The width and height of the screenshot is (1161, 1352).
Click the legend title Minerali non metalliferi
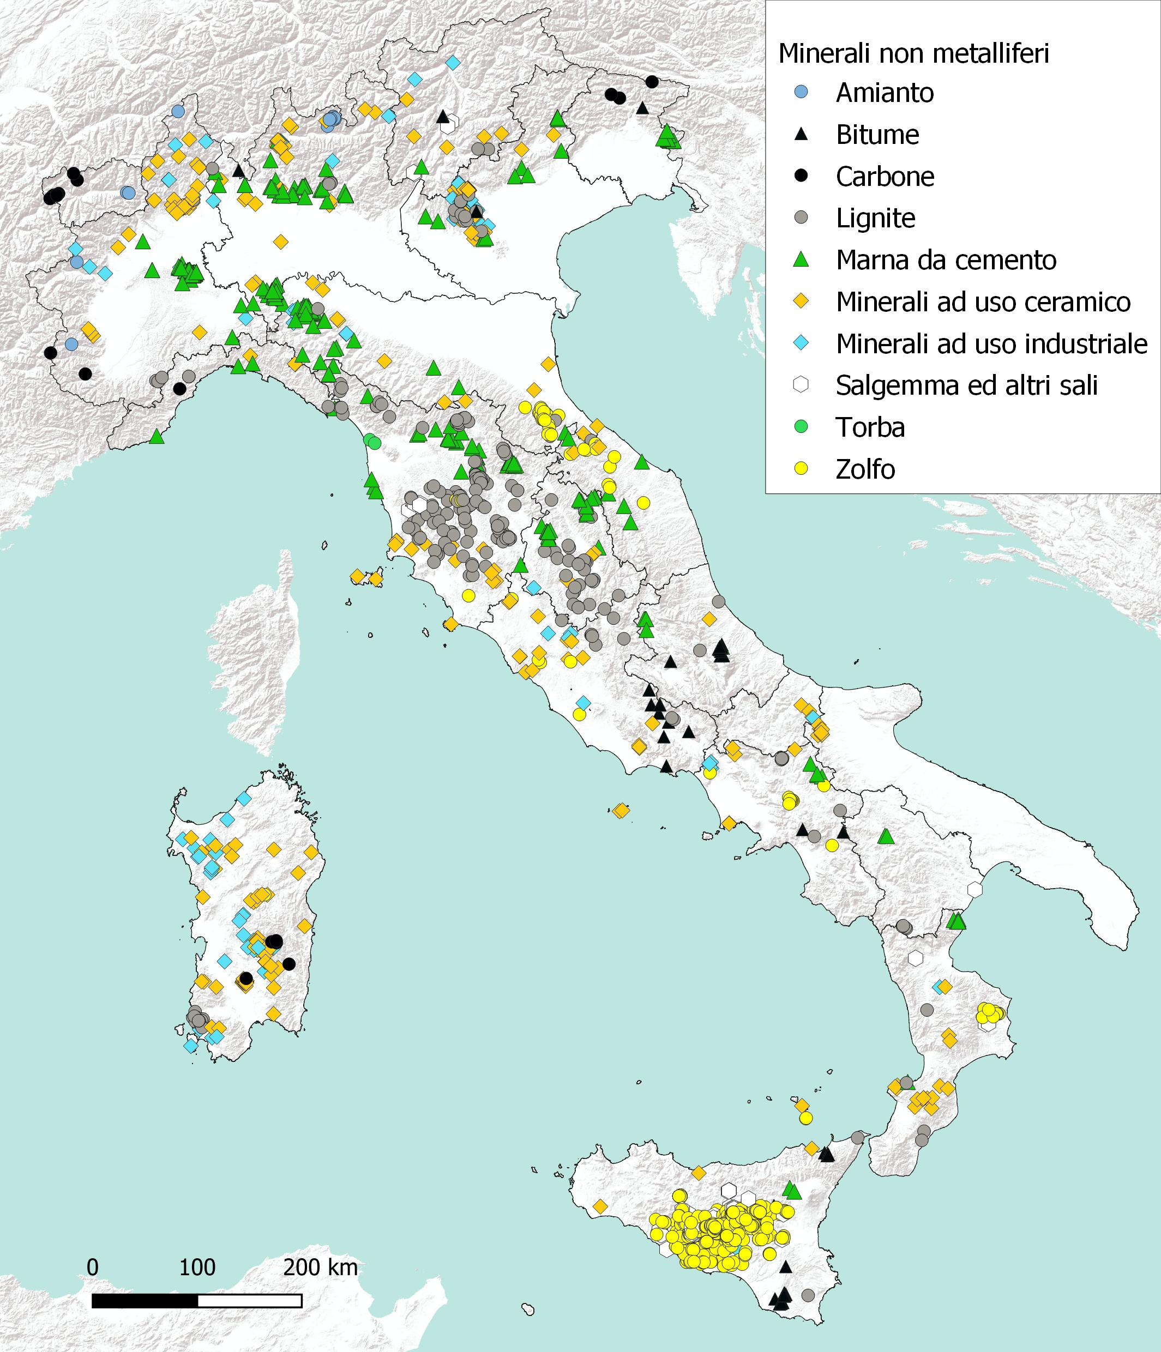tap(913, 53)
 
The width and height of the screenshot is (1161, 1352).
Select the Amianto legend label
tap(885, 93)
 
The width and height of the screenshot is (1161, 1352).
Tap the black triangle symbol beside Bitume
tap(802, 135)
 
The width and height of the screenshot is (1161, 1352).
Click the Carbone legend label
tap(885, 177)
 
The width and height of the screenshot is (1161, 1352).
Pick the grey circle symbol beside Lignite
tap(802, 218)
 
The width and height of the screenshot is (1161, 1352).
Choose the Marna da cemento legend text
tap(946, 261)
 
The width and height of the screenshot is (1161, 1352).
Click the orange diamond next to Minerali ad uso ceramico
tap(802, 301)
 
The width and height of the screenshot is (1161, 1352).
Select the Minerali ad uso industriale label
tap(991, 344)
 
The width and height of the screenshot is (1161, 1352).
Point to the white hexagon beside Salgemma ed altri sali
tap(802, 385)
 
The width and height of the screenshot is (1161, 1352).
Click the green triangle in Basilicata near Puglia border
tap(886, 836)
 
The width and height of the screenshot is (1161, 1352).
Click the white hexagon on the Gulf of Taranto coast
tap(975, 889)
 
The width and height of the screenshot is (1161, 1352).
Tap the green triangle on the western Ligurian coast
tap(157, 437)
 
